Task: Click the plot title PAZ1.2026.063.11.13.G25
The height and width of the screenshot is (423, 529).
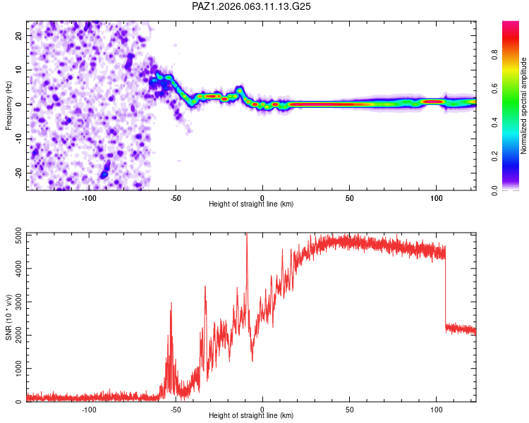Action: pyautogui.click(x=251, y=6)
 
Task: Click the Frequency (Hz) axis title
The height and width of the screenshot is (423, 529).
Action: pyautogui.click(x=8, y=106)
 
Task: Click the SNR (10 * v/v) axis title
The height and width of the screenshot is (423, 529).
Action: pyautogui.click(x=8, y=317)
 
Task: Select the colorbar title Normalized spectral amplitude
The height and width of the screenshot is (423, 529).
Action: pyautogui.click(x=523, y=106)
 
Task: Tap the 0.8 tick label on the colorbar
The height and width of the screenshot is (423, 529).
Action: pyautogui.click(x=494, y=55)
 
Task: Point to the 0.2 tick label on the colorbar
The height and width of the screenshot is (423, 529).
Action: pyautogui.click(x=494, y=157)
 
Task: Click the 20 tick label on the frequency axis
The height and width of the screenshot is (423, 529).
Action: pyautogui.click(x=19, y=35)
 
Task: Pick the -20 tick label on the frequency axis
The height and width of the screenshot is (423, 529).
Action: pyautogui.click(x=19, y=173)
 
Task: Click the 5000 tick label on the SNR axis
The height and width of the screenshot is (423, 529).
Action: pyautogui.click(x=19, y=235)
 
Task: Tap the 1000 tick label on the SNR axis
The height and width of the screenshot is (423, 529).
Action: pyautogui.click(x=19, y=369)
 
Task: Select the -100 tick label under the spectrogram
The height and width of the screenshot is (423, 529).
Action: pyautogui.click(x=89, y=198)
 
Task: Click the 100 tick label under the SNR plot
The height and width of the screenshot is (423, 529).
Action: pyautogui.click(x=436, y=410)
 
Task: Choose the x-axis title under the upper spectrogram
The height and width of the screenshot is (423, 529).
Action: pyautogui.click(x=251, y=204)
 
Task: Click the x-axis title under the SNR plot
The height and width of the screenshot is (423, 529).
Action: pyautogui.click(x=251, y=415)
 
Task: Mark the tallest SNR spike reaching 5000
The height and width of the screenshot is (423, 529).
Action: pyautogui.click(x=247, y=234)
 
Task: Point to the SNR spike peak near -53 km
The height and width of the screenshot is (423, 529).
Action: pyautogui.click(x=171, y=304)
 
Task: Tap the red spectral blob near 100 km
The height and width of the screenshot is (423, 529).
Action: pyautogui.click(x=433, y=102)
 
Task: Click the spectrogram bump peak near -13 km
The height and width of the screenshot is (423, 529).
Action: pyautogui.click(x=240, y=90)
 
